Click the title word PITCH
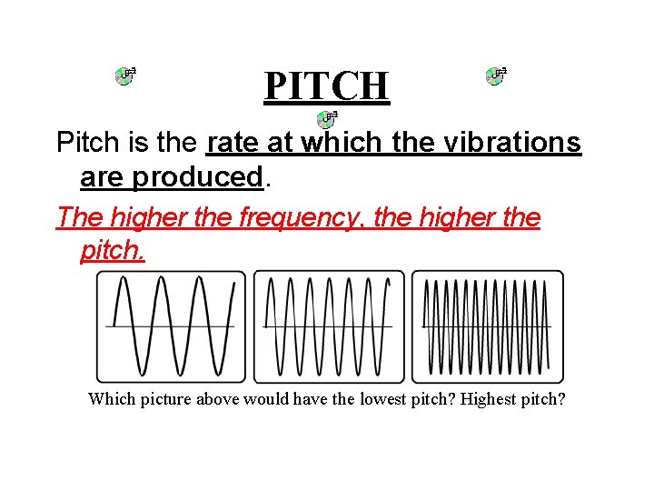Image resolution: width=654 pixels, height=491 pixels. tap(327, 85)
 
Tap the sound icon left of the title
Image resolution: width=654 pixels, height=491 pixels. tap(125, 75)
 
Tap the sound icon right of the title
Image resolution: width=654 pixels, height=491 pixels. tap(496, 75)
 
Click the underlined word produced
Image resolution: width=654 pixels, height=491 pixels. tap(198, 176)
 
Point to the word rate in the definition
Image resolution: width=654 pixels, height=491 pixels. tap(233, 143)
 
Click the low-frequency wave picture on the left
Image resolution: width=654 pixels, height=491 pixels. tap(171, 326)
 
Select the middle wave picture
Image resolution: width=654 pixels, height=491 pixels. tap(329, 326)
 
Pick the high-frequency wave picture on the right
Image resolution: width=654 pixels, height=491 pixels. tap(487, 326)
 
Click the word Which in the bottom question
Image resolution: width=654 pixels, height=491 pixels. tap(110, 399)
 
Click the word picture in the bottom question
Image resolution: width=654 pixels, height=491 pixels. tap(165, 399)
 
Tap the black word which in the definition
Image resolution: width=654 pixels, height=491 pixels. tap(333, 143)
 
